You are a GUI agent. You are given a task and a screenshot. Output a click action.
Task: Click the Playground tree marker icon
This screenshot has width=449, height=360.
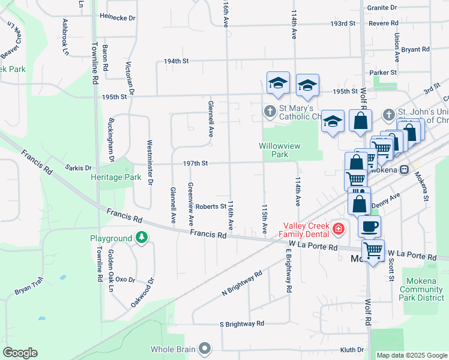point(142,238)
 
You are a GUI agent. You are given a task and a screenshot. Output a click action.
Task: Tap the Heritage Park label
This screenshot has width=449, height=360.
point(116,177)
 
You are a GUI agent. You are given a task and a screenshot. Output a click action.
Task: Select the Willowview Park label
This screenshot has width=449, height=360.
point(280,150)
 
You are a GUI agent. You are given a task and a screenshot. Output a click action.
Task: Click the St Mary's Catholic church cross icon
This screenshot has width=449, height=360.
point(270,111)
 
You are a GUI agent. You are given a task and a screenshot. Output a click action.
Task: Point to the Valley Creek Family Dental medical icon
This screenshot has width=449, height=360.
point(339,229)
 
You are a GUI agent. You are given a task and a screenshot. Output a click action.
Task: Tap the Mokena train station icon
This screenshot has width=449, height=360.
point(405,170)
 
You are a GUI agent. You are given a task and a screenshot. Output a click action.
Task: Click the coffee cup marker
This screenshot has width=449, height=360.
point(369,227)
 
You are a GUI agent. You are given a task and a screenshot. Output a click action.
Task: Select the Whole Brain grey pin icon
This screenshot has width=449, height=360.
point(205,348)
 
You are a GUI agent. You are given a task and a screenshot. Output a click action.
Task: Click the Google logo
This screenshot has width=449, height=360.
point(20,353)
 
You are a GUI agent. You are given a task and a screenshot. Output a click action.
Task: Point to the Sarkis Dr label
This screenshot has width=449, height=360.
point(78,169)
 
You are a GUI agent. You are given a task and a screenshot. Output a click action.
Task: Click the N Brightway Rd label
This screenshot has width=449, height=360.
point(242,283)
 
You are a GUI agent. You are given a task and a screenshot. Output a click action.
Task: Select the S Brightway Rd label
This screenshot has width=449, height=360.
point(242,323)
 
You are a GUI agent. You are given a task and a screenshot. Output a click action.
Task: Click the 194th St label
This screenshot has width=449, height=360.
point(176,61)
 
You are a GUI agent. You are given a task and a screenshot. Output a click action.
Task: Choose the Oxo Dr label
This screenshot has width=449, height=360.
point(125,280)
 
